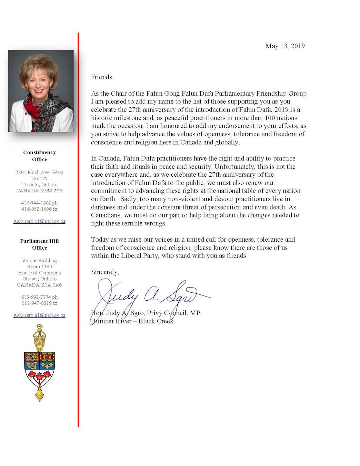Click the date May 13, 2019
coord(285,46)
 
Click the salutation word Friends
coord(102,77)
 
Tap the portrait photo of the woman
coord(41,91)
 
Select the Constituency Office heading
coord(39,156)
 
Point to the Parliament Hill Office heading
coord(39,244)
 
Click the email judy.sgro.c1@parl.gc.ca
coord(39,221)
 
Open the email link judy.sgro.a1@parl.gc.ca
coord(39,315)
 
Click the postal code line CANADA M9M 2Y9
coord(39,191)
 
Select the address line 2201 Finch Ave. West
coord(39,172)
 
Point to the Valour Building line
coord(39,261)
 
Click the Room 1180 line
coord(39,266)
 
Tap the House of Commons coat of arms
coord(39,362)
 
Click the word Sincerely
coord(104,272)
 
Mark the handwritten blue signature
coord(148,297)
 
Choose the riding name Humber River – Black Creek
coord(132,321)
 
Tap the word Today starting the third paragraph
coord(100,240)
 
